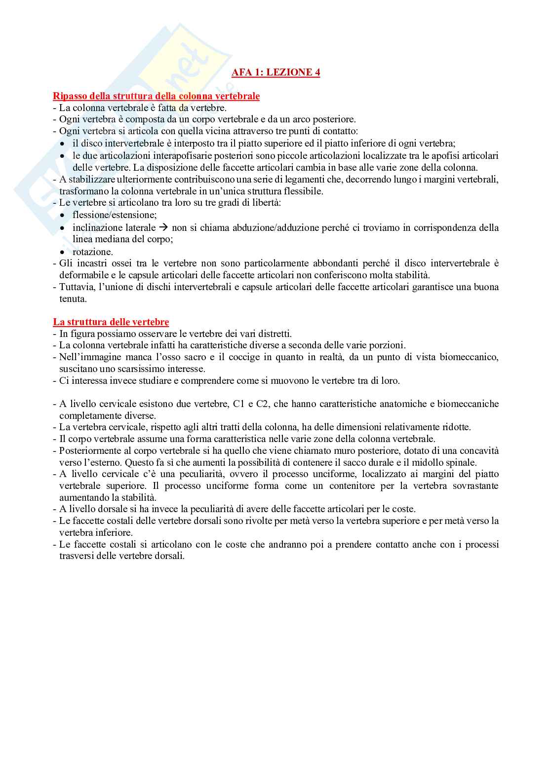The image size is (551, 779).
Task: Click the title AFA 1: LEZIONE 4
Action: pos(275,73)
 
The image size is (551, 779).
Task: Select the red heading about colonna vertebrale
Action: pos(156,96)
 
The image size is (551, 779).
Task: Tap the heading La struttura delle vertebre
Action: pos(111,322)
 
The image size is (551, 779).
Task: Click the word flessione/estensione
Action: pos(115,215)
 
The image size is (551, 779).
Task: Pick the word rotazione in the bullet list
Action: pos(92,252)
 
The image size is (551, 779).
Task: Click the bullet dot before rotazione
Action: pos(62,252)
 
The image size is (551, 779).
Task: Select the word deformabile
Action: pos(82,275)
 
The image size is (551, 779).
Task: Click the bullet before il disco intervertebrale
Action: pos(62,144)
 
